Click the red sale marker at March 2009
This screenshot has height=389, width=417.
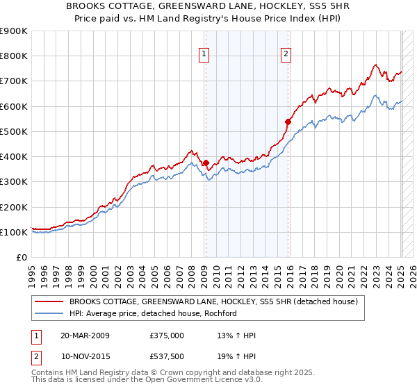(x=206, y=163)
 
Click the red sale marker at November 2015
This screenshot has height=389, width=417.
(x=288, y=121)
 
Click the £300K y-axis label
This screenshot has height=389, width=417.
(x=14, y=182)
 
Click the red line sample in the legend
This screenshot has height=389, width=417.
(x=49, y=301)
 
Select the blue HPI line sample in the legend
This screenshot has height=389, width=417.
(x=49, y=313)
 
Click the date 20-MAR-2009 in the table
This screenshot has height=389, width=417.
(x=85, y=335)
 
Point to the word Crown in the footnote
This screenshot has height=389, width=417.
(x=170, y=373)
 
